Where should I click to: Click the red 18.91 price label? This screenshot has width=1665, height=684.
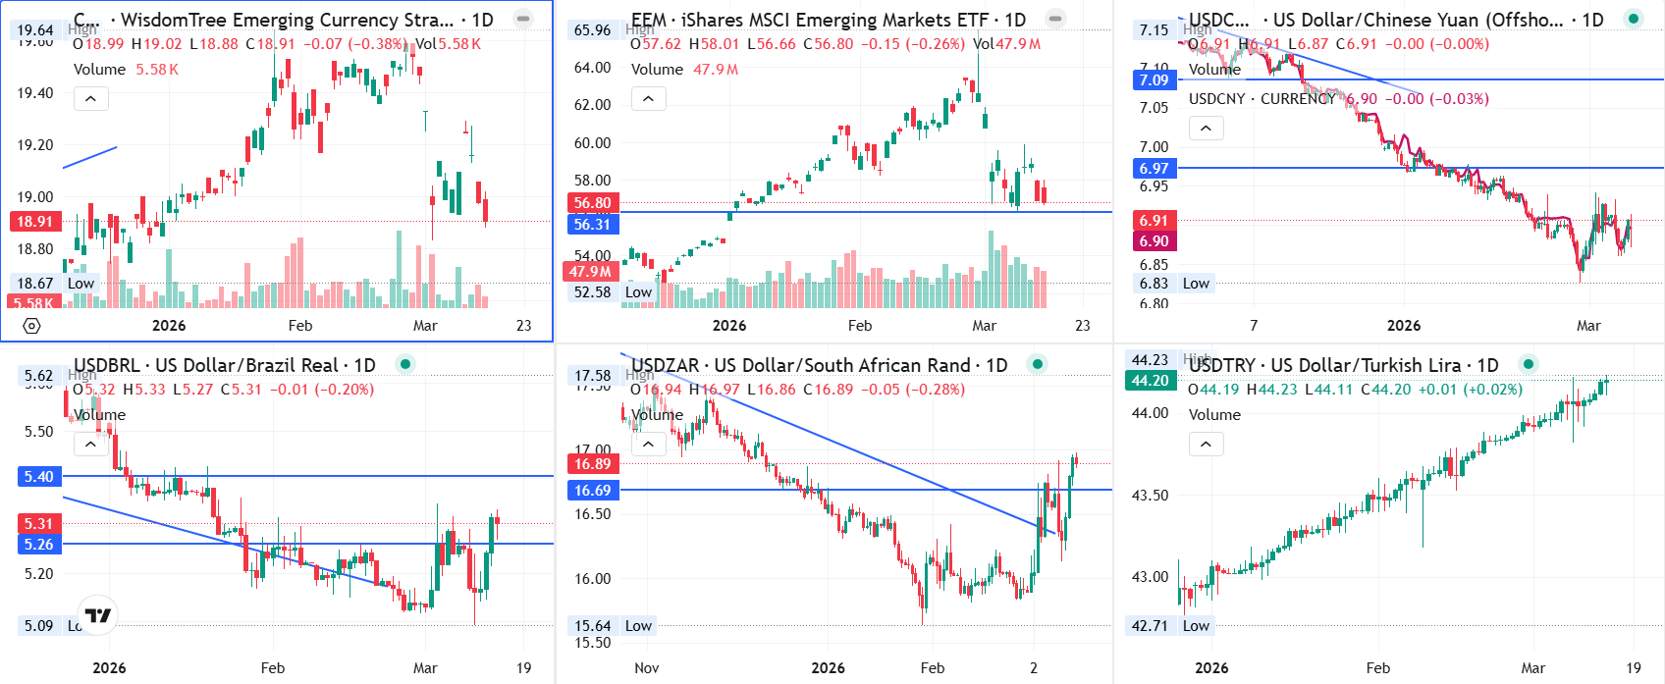[34, 222]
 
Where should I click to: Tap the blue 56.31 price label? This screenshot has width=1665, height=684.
[592, 225]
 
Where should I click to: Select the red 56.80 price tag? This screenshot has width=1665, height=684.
[592, 203]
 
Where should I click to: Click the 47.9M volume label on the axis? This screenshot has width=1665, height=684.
[590, 272]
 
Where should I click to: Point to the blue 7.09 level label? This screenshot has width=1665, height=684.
[1154, 80]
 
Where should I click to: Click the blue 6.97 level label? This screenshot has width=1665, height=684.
[1154, 169]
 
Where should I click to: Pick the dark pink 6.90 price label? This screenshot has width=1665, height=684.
[1154, 241]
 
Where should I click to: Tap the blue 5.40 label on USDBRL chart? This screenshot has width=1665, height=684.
[38, 477]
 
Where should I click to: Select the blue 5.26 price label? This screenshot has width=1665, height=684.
[38, 545]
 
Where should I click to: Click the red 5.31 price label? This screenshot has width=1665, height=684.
[38, 524]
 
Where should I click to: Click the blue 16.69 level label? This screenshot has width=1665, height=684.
[592, 491]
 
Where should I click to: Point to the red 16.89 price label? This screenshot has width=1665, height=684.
[592, 464]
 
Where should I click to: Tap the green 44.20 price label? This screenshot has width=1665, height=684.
[1150, 381]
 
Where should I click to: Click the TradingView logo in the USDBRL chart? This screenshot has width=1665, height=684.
[98, 616]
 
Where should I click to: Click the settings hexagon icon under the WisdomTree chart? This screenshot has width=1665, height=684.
[31, 326]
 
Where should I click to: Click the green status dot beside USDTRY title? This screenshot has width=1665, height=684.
[1528, 364]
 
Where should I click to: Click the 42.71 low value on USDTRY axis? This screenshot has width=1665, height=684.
[1150, 626]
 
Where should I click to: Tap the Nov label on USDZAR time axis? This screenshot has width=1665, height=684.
[646, 668]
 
